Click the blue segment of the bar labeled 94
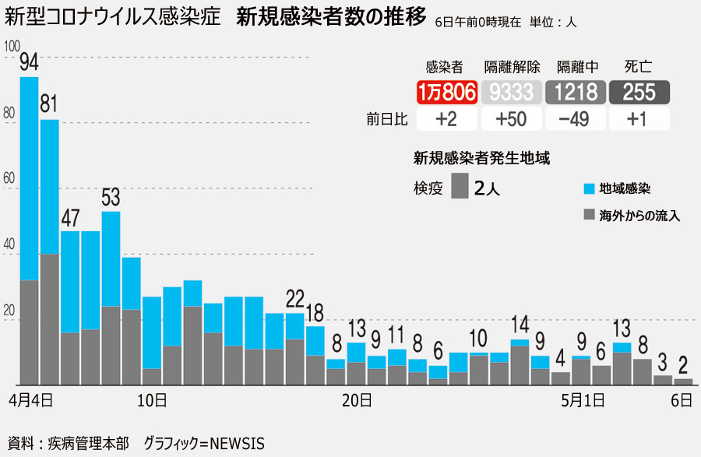(29, 178)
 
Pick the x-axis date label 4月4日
(31, 401)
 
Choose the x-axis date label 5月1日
(584, 401)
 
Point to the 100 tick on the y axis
(11, 47)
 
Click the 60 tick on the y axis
(9, 178)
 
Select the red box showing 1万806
(446, 92)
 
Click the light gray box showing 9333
(511, 92)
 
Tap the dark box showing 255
(639, 92)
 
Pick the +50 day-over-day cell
(511, 119)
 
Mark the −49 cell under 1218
(575, 119)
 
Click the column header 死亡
(639, 68)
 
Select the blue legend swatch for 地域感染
(590, 189)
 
